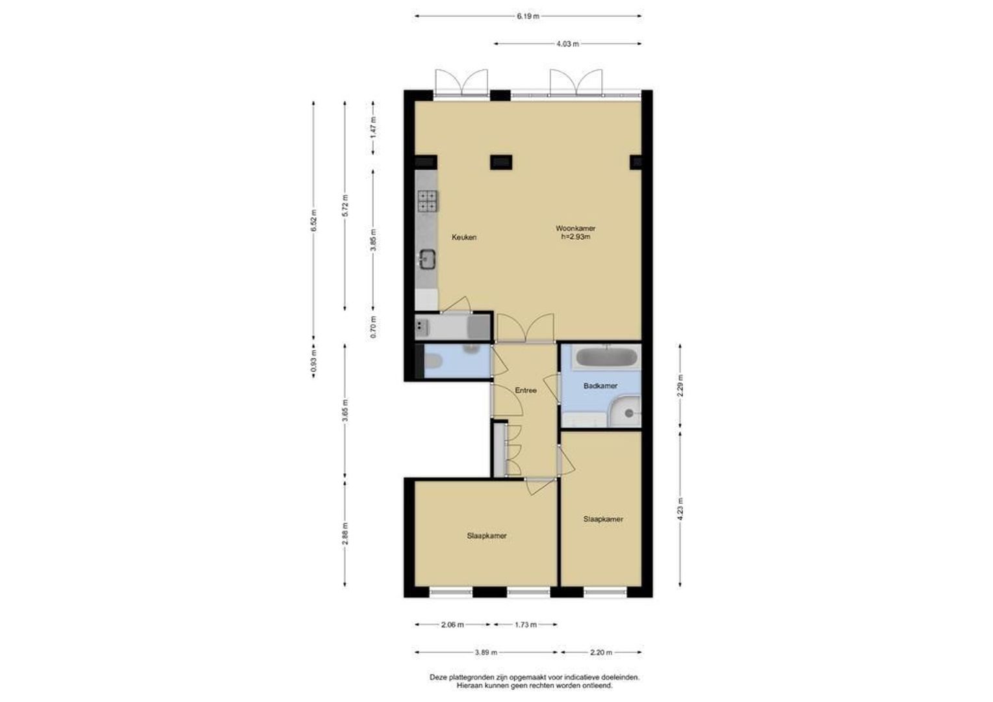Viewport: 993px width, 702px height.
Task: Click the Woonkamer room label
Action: [x=575, y=228]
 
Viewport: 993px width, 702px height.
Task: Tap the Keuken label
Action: [x=464, y=237]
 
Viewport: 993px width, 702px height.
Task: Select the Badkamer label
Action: [x=600, y=386]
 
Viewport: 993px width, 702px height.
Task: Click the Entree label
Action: [x=526, y=390]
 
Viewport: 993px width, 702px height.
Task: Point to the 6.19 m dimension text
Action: [x=528, y=16]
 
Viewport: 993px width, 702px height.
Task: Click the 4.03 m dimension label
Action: [x=567, y=44]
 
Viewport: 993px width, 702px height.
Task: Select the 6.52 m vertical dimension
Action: [x=314, y=220]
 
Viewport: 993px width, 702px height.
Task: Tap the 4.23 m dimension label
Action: [x=680, y=510]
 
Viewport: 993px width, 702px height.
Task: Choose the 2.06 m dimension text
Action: [x=452, y=625]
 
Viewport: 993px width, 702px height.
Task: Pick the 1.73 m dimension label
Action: [x=526, y=625]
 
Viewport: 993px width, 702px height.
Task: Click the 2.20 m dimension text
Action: [x=601, y=653]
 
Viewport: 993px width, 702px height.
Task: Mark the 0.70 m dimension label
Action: [x=373, y=327]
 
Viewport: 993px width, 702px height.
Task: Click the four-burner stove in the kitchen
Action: [x=118, y=200]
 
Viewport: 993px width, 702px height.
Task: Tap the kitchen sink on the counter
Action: [x=117, y=259]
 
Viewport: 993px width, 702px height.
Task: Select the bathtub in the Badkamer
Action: [x=606, y=357]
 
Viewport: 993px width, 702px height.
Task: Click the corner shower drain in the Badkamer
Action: [x=629, y=413]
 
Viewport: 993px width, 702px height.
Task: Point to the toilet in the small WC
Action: [x=433, y=362]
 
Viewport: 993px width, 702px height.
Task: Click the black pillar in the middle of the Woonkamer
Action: [x=502, y=162]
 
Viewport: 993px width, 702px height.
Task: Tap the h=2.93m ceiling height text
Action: [x=576, y=237]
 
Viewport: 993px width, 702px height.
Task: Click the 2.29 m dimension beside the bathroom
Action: [x=680, y=385]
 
